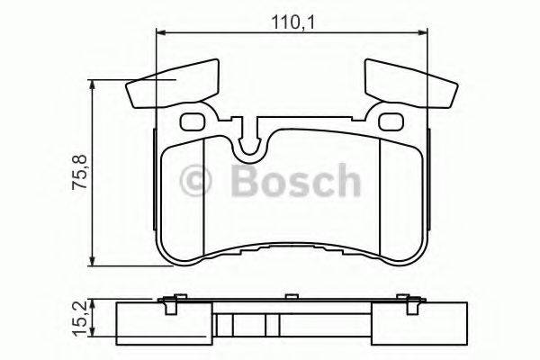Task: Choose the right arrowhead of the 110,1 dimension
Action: [422, 33]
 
